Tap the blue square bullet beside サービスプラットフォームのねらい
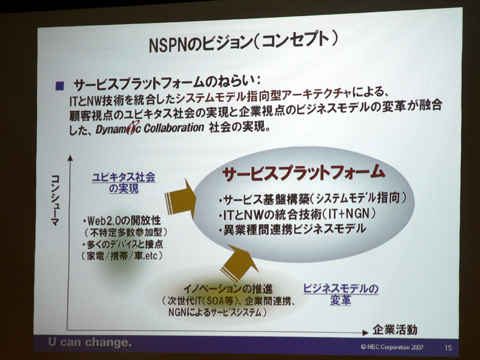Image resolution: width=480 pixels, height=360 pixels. pyautogui.click(x=59, y=86)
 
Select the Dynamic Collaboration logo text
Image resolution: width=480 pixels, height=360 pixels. pyautogui.click(x=150, y=128)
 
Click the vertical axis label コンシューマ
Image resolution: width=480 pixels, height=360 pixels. pyautogui.click(x=55, y=200)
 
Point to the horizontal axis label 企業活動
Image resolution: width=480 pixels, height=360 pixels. pyautogui.click(x=395, y=329)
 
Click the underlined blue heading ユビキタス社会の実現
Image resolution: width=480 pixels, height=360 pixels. pyautogui.click(x=124, y=183)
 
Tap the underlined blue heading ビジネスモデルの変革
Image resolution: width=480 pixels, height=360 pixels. pyautogui.click(x=340, y=294)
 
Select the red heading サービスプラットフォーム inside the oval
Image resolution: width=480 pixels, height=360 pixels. pyautogui.click(x=303, y=173)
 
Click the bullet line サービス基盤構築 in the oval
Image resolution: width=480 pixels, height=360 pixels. pyautogui.click(x=312, y=199)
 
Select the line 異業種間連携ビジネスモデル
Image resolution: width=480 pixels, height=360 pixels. pyautogui.click(x=293, y=229)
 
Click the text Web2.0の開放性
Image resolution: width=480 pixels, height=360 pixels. pyautogui.click(x=122, y=220)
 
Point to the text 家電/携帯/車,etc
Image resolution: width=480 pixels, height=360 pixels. pyautogui.click(x=122, y=256)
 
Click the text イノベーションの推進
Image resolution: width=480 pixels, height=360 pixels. pyautogui.click(x=228, y=289)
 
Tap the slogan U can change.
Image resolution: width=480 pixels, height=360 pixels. pyautogui.click(x=89, y=342)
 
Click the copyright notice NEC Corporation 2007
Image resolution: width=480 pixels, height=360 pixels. pyautogui.click(x=392, y=347)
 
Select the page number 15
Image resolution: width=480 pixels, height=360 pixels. pyautogui.click(x=448, y=347)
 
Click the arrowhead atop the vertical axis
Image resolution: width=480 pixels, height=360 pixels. pyautogui.click(x=70, y=158)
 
